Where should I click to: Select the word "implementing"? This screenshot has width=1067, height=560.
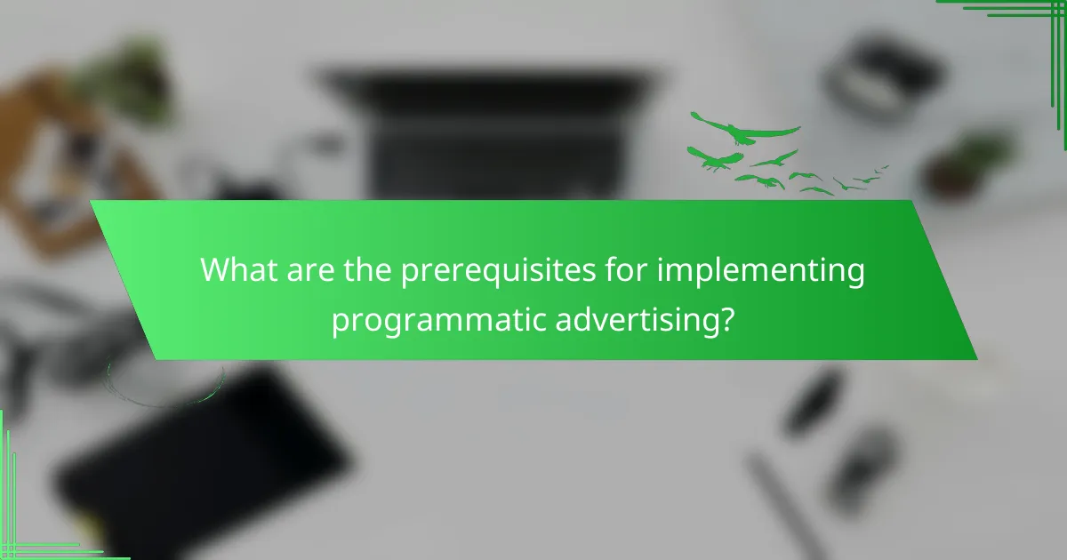coord(761,271)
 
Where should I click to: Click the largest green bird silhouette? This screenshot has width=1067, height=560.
coord(745,131)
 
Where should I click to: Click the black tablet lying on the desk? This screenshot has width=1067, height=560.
coord(204,454)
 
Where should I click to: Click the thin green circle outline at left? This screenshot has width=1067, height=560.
coord(165,378)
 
